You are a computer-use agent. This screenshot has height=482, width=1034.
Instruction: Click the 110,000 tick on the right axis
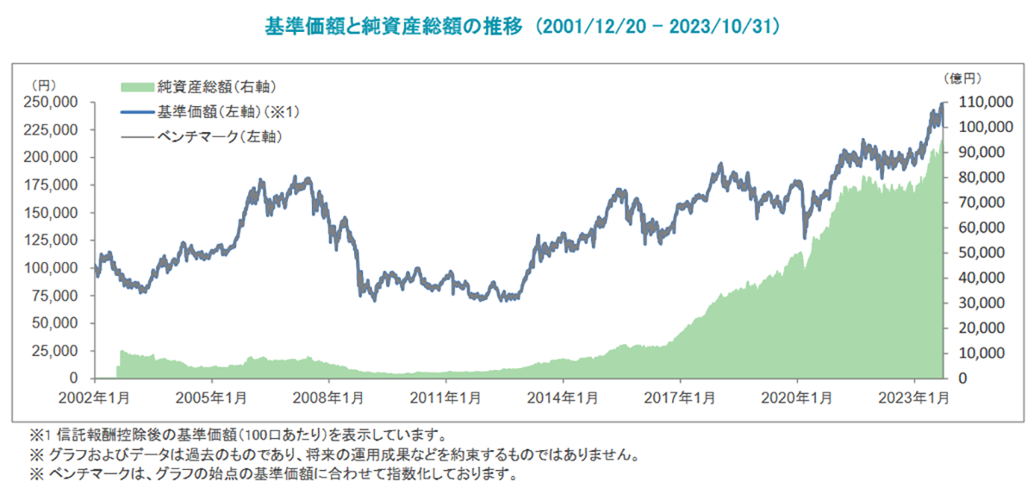pos(984,102)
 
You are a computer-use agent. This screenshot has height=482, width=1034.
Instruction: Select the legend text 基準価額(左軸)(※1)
pos(227,111)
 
